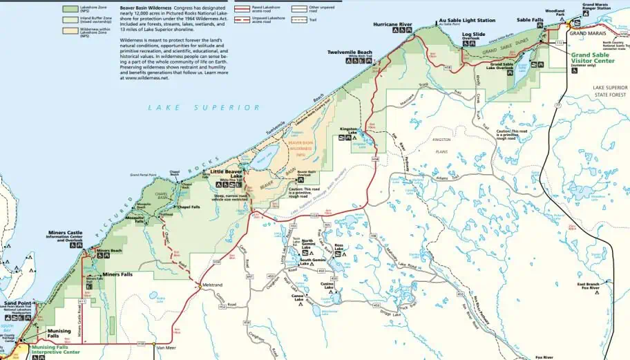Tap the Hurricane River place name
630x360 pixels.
pyautogui.click(x=392, y=24)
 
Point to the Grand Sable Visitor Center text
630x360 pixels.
pyautogui.click(x=593, y=57)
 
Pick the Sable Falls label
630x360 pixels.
pyautogui.click(x=529, y=20)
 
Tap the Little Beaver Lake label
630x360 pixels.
pyautogui.click(x=227, y=173)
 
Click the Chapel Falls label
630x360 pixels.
pyautogui.click(x=189, y=207)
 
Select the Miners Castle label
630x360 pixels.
pyautogui.click(x=66, y=233)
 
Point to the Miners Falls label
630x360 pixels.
pyautogui.click(x=117, y=274)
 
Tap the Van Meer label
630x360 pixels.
pyautogui.click(x=167, y=348)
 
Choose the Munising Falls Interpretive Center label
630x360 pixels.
pyautogui.click(x=55, y=349)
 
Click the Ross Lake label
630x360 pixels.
pyautogui.click(x=338, y=245)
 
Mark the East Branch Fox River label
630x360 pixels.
pyautogui.click(x=589, y=286)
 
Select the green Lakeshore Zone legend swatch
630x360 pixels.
pyautogui.click(x=70, y=8)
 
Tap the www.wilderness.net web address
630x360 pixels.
pyautogui.click(x=144, y=78)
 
